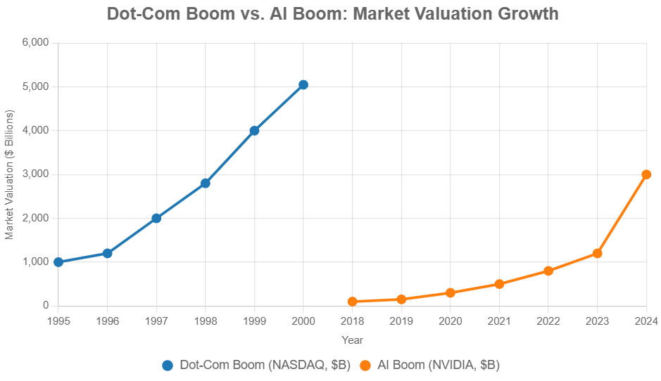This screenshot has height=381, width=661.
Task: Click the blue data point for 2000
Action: [303, 85]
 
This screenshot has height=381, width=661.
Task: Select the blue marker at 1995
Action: [58, 262]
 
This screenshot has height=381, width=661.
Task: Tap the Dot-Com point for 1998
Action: [206, 183]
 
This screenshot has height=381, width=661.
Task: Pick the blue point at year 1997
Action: [156, 219]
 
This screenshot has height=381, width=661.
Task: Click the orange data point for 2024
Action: [646, 174]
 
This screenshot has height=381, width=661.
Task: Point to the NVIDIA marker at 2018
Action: [353, 302]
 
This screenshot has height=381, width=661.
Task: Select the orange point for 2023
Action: [598, 253]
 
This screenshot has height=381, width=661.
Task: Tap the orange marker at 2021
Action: [499, 284]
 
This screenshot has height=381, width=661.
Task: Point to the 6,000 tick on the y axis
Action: [35, 43]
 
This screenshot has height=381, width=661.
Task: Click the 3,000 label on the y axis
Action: [35, 174]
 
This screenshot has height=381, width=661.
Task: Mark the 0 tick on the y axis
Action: [45, 306]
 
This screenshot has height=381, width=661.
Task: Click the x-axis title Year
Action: [352, 340]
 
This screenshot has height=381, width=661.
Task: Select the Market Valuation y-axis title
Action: [10, 174]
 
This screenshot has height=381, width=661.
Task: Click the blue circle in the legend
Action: [168, 366]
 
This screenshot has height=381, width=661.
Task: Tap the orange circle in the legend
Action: [365, 366]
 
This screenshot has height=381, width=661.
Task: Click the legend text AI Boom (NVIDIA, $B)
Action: [438, 366]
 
